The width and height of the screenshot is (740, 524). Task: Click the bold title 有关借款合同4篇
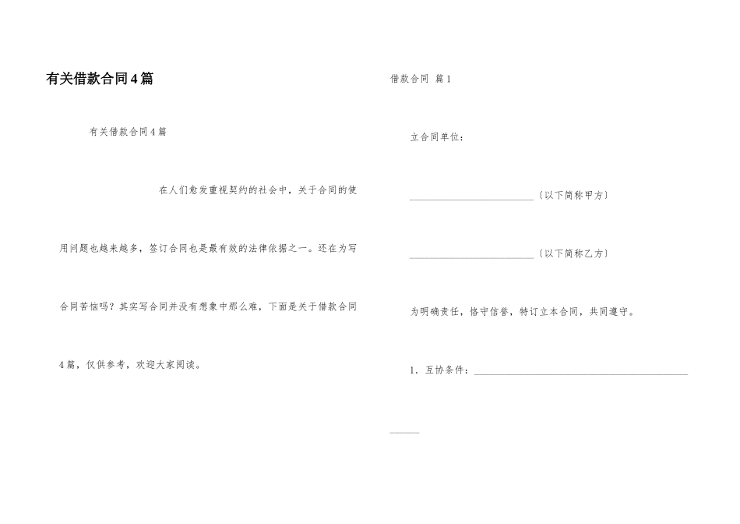tap(100, 79)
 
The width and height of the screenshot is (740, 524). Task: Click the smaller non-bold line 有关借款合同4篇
tap(128, 132)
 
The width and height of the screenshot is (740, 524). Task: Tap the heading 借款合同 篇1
tap(421, 79)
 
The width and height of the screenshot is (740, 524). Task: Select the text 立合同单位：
tap(438, 137)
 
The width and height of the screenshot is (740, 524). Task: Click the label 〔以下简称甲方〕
tap(573, 195)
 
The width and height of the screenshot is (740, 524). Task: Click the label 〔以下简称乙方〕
tap(573, 254)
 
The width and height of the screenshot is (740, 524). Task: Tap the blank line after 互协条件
tap(580, 374)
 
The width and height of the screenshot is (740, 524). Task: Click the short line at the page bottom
tap(403, 432)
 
